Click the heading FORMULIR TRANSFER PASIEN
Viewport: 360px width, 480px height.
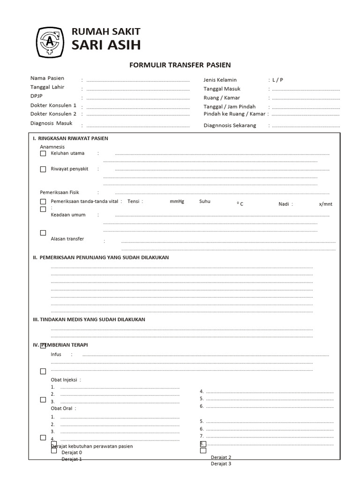[180, 65]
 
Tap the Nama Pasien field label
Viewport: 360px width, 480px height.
[47, 78]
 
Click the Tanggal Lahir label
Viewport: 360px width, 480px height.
[47, 87]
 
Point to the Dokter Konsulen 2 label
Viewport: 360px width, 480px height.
[53, 114]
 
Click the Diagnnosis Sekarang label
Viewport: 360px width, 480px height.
[230, 126]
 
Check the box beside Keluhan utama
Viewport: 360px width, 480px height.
[43, 153]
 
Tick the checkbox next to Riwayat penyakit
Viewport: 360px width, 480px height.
[43, 169]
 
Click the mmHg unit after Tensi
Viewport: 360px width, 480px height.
[177, 202]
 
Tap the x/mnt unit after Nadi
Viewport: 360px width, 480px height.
[325, 204]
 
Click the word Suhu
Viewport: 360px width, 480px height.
[205, 202]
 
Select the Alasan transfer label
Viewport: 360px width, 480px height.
[67, 239]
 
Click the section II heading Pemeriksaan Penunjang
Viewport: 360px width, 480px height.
[101, 258]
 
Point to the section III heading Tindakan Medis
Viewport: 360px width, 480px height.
[89, 320]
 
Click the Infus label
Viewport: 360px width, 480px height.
[56, 354]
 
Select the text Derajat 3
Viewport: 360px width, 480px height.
[221, 464]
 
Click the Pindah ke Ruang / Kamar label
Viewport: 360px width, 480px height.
[234, 114]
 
